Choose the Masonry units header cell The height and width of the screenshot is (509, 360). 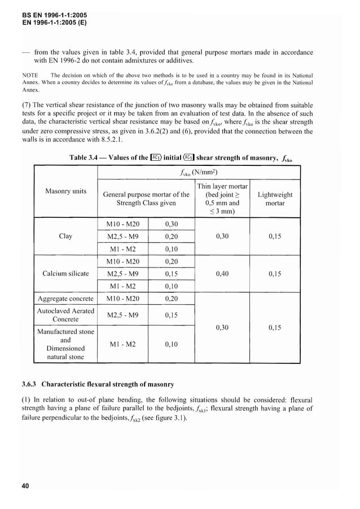[65, 191]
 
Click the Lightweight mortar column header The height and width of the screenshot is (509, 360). [275, 199]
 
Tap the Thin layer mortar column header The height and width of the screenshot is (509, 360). [222, 199]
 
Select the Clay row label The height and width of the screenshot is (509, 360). [65, 236]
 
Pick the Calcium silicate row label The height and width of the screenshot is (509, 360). [65, 274]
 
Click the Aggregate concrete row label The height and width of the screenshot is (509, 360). [65, 299]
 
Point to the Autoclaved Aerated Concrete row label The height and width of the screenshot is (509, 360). [65, 315]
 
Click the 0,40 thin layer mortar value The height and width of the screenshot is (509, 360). [222, 274]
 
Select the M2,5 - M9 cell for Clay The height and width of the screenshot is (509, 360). [122, 236]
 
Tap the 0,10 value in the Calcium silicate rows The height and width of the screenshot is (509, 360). [172, 286]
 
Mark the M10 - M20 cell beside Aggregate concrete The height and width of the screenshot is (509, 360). [122, 299]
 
